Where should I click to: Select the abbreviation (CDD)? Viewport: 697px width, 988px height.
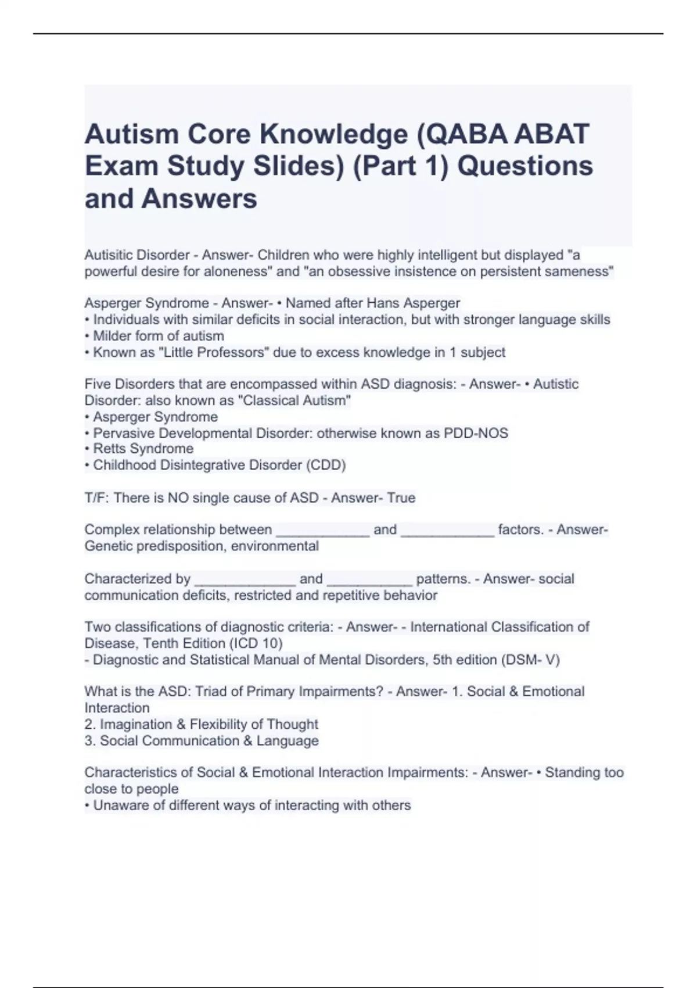tap(328, 465)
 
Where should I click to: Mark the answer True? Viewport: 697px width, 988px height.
tap(401, 498)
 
